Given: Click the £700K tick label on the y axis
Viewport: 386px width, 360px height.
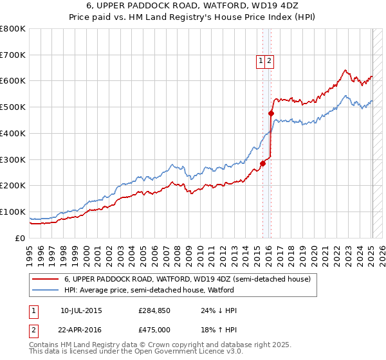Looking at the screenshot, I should click(13, 55).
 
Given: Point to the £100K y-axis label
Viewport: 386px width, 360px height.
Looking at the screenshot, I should click(13, 212).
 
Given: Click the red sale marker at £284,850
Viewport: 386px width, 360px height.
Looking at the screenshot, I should click(262, 163).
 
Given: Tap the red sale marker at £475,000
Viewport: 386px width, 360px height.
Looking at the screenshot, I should click(271, 114).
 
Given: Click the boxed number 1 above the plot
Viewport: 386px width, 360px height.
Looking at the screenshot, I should click(261, 61).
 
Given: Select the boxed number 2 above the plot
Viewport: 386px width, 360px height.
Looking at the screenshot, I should click(270, 61).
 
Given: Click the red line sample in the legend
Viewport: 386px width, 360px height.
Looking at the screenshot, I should click(45, 279).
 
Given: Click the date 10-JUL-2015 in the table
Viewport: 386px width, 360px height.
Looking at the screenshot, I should click(81, 310).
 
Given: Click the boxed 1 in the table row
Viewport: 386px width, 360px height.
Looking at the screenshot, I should click(33, 311).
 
